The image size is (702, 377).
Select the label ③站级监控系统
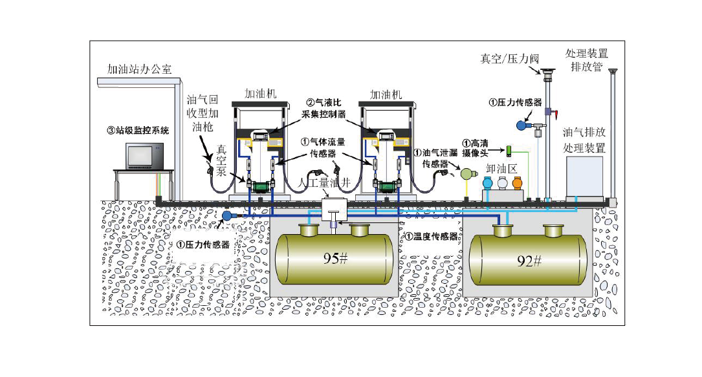[137, 130]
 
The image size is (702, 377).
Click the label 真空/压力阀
[509, 59]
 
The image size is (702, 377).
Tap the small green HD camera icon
[509, 151]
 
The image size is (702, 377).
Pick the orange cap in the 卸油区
[517, 184]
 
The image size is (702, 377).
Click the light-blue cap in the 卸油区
[488, 184]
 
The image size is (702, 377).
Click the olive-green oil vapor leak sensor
[466, 173]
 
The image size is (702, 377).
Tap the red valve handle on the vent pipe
[553, 114]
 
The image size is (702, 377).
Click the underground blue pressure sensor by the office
[227, 215]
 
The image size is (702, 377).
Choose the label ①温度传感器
[431, 237]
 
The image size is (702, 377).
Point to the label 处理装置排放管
[586, 59]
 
